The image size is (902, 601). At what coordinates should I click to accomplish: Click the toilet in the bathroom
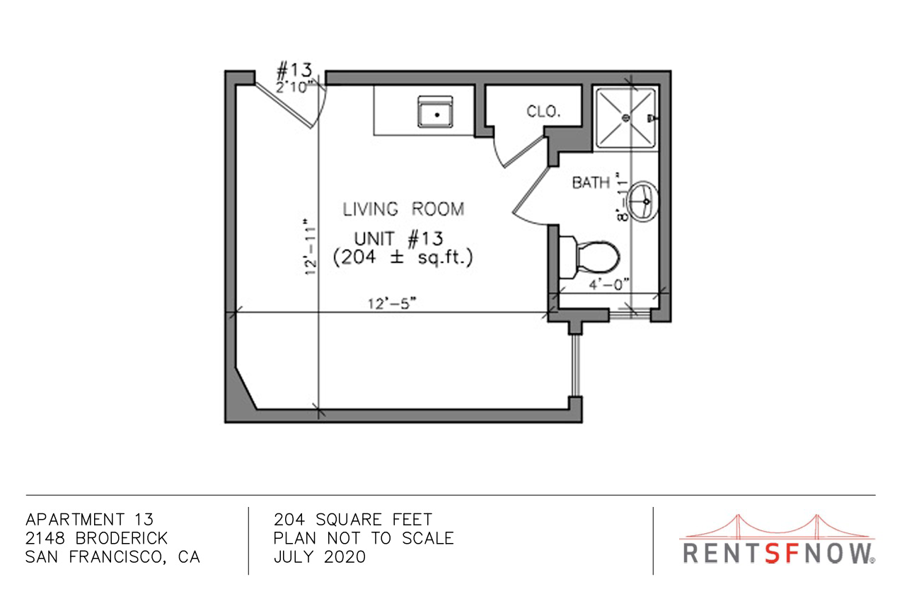589,257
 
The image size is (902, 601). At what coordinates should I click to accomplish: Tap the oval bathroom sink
643,202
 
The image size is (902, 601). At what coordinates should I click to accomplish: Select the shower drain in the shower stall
626,118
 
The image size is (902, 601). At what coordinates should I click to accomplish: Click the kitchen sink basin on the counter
435,112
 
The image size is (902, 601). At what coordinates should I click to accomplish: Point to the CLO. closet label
543,112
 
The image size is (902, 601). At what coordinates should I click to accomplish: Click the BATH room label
591,182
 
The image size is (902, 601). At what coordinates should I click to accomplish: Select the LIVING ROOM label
403,209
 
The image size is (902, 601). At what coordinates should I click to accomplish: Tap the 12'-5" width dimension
392,303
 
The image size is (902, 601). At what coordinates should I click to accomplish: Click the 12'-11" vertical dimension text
311,247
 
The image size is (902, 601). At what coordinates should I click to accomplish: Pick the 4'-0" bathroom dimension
609,285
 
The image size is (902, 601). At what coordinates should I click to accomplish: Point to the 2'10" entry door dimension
295,86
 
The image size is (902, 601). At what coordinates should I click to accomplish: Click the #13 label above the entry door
294,71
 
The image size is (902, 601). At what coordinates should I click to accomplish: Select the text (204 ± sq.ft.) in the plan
403,257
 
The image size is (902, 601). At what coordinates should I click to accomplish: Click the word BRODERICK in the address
121,538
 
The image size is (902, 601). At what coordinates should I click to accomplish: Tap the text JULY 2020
320,557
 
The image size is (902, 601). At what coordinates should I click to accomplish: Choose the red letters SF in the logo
782,553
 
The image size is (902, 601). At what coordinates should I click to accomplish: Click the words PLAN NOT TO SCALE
364,538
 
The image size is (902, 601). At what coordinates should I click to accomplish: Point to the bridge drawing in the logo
777,527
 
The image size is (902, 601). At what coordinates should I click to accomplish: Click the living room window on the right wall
576,366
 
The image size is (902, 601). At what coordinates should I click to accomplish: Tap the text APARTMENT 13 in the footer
89,520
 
